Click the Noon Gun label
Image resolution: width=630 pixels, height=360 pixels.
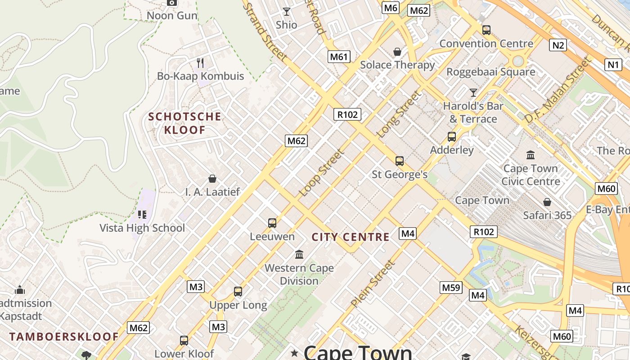tap(172, 16)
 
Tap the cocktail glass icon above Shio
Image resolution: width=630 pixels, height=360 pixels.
tap(286, 11)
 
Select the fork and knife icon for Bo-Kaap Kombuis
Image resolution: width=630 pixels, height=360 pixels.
tap(200, 63)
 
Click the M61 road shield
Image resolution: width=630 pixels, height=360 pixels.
tap(338, 56)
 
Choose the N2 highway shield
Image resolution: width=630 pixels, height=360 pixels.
tap(558, 45)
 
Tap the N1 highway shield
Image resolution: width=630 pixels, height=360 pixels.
tap(613, 65)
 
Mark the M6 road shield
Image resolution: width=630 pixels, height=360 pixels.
tap(390, 8)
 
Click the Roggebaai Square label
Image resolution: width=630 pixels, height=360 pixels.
tap(490, 72)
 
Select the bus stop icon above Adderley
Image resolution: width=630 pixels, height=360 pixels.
tap(451, 137)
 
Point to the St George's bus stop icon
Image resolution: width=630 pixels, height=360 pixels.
tap(399, 161)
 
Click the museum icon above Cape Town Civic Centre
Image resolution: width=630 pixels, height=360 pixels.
tap(531, 155)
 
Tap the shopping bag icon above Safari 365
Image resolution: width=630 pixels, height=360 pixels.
tap(547, 202)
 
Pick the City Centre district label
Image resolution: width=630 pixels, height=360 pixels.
tap(351, 237)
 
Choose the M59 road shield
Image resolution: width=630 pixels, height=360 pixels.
tap(451, 288)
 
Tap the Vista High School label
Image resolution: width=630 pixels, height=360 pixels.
tap(142, 228)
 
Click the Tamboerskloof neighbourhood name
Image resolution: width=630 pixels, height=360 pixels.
tap(64, 337)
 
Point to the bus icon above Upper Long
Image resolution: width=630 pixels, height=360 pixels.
tap(238, 292)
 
